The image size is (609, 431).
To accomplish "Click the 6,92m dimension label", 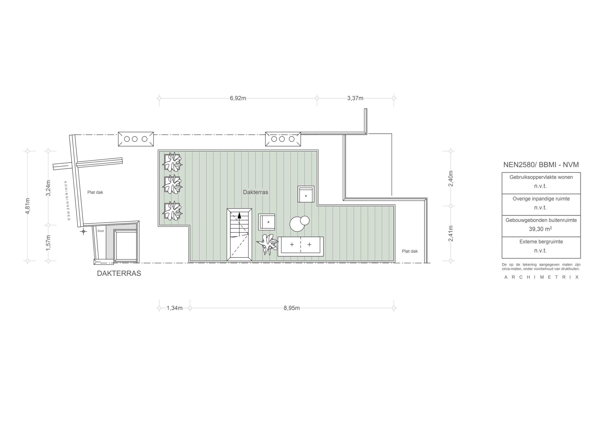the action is point(238,98).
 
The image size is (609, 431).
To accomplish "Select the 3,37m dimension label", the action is point(355,98).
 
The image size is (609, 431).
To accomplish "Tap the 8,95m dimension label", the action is point(292,308).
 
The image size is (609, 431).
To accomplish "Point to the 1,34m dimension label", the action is point(175,308).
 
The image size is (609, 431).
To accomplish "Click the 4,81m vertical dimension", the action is point(28,205).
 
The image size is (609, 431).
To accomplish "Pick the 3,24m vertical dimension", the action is point(48,188).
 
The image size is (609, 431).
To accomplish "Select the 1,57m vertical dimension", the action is point(48,243).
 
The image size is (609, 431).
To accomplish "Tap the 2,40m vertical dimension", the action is point(451,178).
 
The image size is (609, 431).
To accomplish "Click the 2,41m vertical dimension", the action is point(451,233).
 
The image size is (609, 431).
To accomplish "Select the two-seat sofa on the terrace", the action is point(300,246).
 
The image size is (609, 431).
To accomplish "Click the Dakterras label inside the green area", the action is point(255,192).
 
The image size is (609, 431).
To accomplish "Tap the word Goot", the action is point(101,231).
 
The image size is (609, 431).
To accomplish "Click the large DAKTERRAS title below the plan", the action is point(119,273).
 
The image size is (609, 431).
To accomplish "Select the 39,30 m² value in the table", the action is point(540,229).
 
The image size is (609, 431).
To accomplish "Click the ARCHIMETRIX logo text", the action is point(541,277).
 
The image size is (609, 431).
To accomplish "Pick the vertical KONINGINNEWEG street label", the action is point(67,201).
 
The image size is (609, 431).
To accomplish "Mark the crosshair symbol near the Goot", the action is point(83,231).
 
